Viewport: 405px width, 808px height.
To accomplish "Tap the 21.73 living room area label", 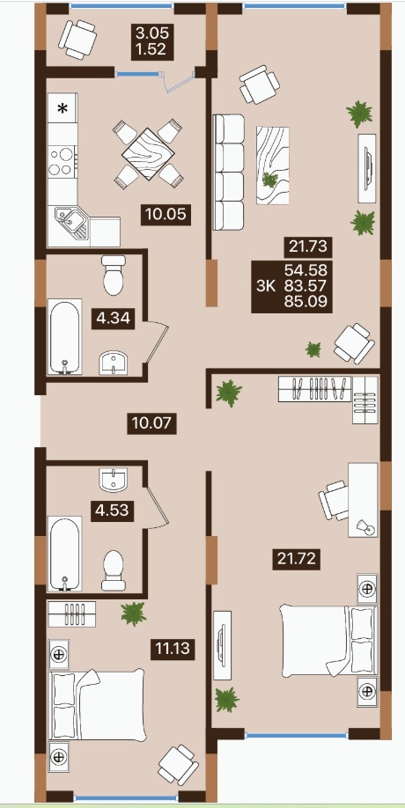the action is point(308,247).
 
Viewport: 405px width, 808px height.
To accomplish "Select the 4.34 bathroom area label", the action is point(115,318).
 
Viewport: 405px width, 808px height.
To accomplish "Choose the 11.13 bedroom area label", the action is point(173,649).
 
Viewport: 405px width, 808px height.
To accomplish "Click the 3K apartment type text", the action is point(267,285).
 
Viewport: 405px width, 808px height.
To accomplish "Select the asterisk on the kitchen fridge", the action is point(63,109).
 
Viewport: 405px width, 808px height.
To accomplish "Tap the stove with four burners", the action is point(63,161).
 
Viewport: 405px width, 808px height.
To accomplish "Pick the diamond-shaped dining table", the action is point(148,154).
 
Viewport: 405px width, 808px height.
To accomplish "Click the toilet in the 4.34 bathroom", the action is point(114,275).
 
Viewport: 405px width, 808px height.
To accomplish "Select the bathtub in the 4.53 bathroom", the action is point(65,554).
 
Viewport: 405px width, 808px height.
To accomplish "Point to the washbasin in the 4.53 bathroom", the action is point(114,481).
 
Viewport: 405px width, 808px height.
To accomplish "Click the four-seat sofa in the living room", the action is point(228,173).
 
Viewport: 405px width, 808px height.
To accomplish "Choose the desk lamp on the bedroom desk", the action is point(366,526).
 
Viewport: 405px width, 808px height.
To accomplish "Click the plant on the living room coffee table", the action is point(270,180).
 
